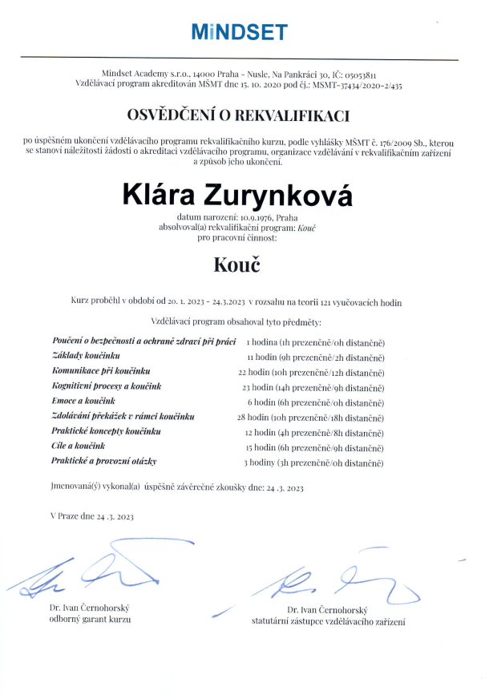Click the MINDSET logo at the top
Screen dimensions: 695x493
point(239,32)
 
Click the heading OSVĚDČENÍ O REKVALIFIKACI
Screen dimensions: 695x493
point(239,116)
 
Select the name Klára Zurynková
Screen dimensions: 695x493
point(237,194)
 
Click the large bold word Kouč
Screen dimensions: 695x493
point(238,265)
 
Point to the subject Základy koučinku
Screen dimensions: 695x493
point(86,356)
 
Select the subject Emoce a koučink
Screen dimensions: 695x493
point(83,401)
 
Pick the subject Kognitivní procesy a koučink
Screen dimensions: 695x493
point(106,386)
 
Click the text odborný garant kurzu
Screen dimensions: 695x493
point(89,619)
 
